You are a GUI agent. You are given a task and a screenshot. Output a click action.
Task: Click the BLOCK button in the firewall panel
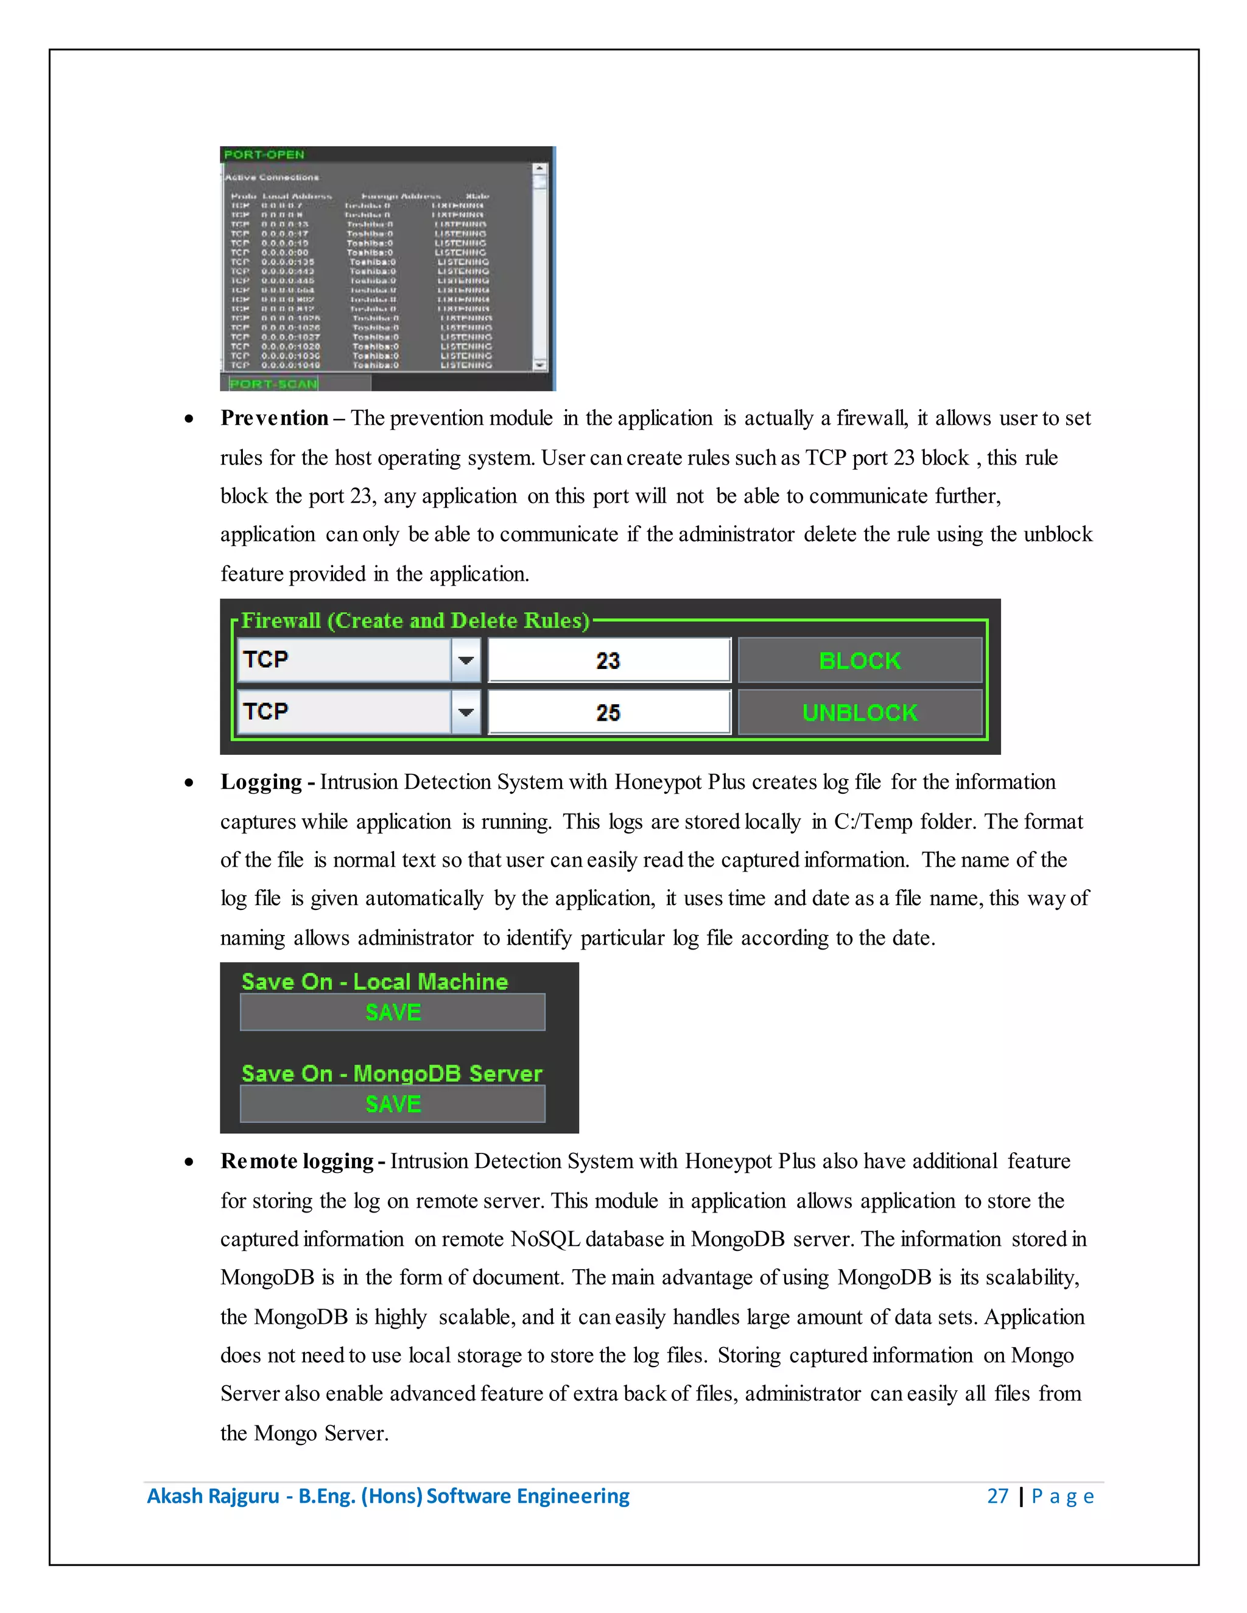point(860,660)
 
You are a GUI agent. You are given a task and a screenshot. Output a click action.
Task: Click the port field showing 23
point(609,660)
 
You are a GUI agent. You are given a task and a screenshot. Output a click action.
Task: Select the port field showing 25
point(609,713)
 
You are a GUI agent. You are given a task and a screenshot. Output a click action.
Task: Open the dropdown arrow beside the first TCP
point(465,660)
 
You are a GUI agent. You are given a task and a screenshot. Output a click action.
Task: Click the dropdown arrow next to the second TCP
point(465,713)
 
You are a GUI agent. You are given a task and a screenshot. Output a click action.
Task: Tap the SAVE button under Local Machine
point(392,1012)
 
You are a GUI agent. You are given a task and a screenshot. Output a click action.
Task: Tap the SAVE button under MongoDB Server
point(392,1104)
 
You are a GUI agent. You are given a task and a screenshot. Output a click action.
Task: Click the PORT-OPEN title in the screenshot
point(264,155)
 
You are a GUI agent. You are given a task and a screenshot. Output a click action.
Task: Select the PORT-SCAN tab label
point(273,384)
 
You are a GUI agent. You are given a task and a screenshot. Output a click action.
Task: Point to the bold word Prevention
point(274,418)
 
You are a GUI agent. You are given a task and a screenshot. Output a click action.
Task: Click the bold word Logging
point(261,782)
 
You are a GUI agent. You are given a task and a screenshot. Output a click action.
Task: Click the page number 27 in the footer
point(997,1496)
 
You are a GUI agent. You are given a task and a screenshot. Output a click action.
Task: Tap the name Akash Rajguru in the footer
point(213,1496)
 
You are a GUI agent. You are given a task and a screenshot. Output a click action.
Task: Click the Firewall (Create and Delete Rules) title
point(415,620)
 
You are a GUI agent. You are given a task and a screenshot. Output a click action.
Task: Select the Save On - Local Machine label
point(374,982)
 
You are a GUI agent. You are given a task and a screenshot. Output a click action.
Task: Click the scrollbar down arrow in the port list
point(540,365)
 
